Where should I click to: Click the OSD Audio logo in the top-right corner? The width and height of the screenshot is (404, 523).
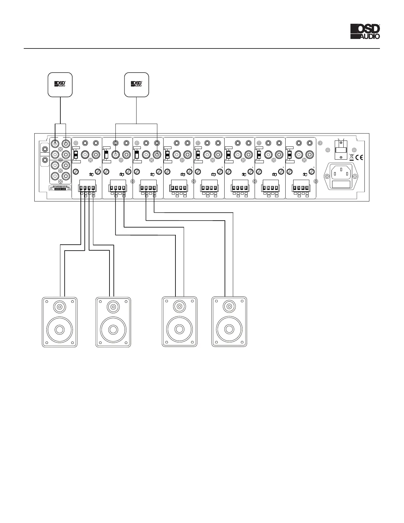click(x=365, y=32)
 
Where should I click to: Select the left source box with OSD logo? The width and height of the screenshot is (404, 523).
click(x=60, y=85)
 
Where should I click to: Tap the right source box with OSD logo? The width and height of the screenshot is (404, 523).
click(x=137, y=85)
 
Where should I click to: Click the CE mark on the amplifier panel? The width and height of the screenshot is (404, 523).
click(x=359, y=157)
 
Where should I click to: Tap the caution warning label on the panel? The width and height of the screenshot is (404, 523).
click(x=60, y=189)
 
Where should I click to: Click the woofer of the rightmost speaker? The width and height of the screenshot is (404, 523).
click(x=229, y=329)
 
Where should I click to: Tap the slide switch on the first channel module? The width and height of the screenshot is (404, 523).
click(x=75, y=155)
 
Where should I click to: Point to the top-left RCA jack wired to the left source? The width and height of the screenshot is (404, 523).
click(x=55, y=143)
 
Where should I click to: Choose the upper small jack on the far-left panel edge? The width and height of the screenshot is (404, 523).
click(x=43, y=149)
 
